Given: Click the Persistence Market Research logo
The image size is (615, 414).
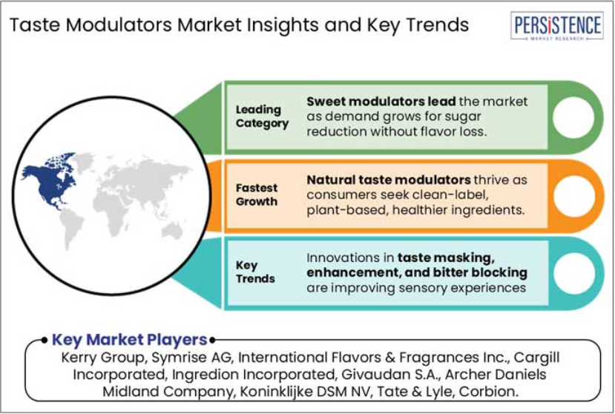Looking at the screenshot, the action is pos(557,25).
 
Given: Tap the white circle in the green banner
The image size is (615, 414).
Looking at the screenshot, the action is pos(573,117).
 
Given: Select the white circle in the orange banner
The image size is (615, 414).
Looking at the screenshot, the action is pos(573,195).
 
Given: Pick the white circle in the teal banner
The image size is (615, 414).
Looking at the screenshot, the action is pos(574,274).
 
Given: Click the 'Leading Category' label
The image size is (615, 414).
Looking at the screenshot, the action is pos(262,116).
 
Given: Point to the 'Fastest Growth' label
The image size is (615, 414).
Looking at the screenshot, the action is pos(257,194).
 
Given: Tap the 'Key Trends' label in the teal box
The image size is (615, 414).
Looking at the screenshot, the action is pos(255,272).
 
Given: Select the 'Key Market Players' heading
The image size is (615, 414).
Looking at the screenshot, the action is pos(129,340).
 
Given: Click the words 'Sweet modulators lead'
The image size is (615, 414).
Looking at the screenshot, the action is pos(381,101).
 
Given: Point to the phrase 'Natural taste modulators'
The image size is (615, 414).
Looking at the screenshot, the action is pos(388,180).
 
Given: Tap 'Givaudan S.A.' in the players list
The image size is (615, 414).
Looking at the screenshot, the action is pos(389,375).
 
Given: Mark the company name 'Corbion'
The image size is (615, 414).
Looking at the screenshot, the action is pos(488,391).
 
